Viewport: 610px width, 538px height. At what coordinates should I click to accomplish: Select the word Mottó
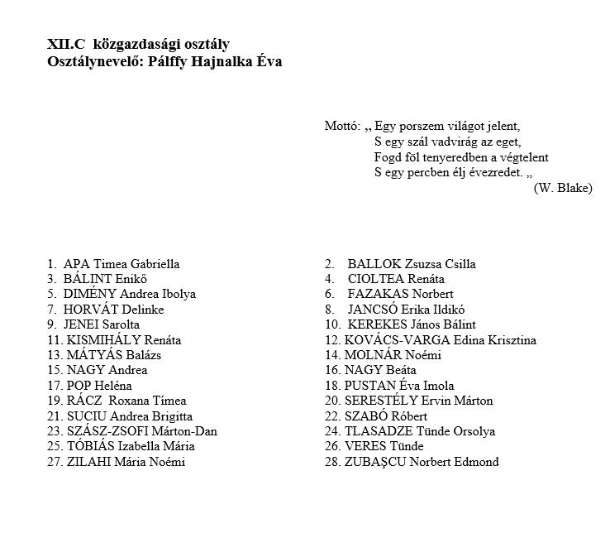point(341,127)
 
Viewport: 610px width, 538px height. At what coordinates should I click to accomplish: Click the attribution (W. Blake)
point(563,188)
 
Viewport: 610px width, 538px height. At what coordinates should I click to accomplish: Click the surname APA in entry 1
point(77,264)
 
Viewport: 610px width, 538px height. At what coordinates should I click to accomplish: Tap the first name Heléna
point(109,386)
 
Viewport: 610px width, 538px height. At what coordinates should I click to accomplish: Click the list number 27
point(55,462)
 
